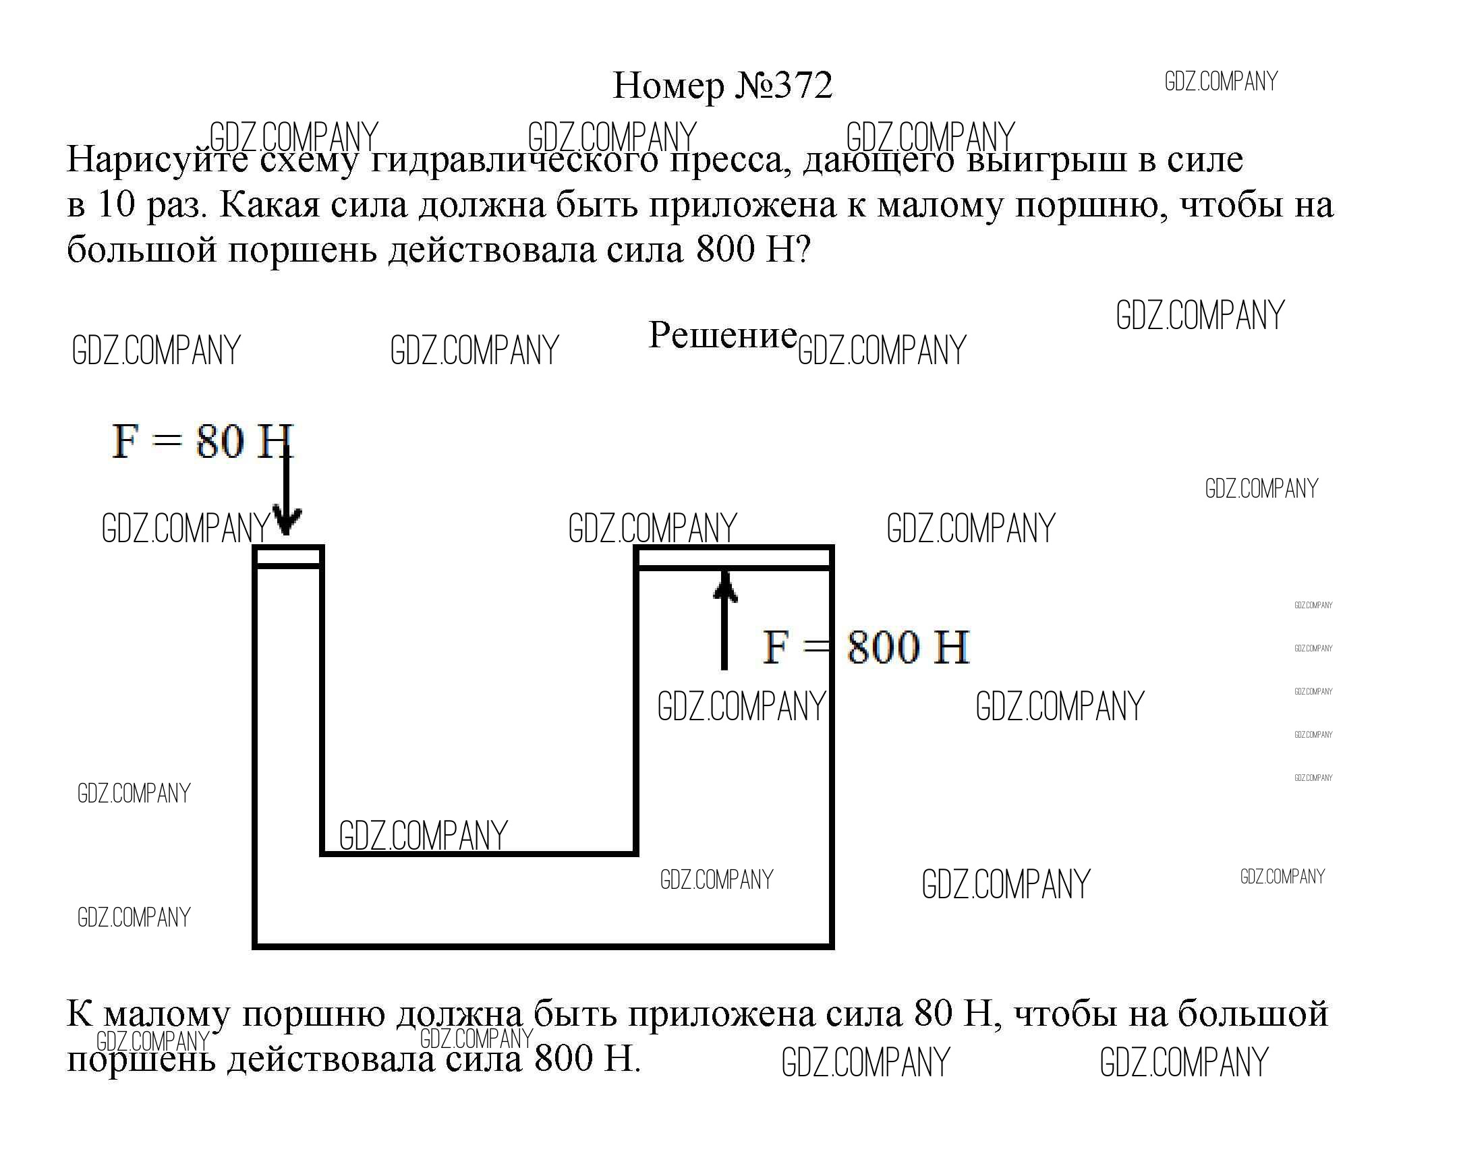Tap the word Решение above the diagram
coord(722,335)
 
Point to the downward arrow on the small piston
coord(287,494)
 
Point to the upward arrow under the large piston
coord(724,619)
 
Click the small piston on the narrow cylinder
coord(287,557)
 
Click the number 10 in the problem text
coord(117,205)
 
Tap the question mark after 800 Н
coord(802,250)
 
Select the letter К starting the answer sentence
coord(79,1014)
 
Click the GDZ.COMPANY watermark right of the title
coord(1221,82)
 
